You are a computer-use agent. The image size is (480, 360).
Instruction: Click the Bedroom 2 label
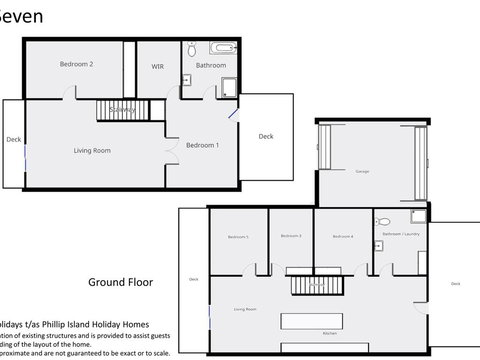point(76,65)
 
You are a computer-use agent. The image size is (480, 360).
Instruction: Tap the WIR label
point(157,66)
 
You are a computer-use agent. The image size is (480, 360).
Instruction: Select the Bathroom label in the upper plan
point(210,66)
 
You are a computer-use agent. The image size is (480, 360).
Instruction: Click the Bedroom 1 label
point(203,145)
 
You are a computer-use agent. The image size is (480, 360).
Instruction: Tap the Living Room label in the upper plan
point(92,151)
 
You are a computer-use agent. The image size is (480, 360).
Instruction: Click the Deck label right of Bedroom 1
point(265,137)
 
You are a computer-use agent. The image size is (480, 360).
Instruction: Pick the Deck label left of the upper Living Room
point(13,141)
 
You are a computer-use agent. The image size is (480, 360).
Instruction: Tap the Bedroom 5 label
point(237,237)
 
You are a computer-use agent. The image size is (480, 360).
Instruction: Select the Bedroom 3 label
point(291,236)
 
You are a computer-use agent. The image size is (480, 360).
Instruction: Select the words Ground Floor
point(120,282)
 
